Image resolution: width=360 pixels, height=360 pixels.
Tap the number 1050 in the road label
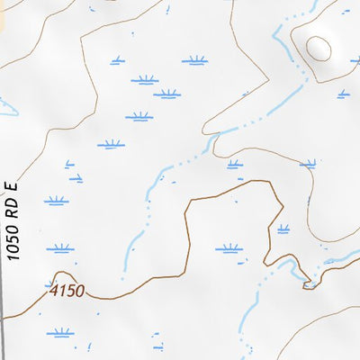12,241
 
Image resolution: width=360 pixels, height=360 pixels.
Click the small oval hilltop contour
318,46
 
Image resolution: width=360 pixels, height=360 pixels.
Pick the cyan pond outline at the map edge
7,106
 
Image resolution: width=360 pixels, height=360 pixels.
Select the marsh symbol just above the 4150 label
60,247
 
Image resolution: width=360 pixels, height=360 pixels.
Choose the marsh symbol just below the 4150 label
60,332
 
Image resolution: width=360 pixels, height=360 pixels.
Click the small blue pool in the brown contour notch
309,284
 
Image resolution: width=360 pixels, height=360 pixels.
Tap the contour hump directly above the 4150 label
60,274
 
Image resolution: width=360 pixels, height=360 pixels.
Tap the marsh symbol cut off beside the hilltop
355,61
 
